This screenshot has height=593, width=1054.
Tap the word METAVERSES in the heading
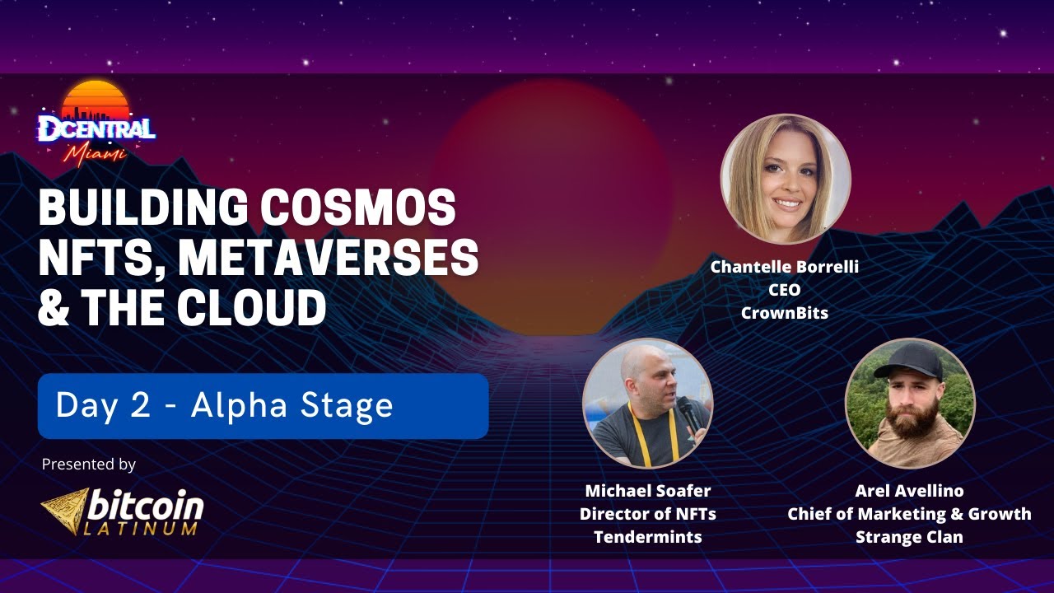329,258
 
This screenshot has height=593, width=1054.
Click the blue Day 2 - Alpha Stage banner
263,406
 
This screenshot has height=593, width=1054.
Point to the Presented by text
88,465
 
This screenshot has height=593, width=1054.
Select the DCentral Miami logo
96,124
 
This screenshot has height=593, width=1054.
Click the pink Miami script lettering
97,154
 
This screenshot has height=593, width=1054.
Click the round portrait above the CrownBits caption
786,179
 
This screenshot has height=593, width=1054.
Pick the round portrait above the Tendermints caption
647,403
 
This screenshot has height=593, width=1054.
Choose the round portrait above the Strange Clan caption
910,403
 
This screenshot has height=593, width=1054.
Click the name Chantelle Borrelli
785,268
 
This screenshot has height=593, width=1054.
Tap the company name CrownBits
785,313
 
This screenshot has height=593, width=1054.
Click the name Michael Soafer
647,491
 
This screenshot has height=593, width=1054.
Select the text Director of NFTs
647,514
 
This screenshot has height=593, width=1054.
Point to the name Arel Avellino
909,491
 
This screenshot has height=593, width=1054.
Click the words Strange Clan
909,537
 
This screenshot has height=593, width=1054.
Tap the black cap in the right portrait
910,361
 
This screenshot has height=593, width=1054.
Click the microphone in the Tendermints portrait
686,412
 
